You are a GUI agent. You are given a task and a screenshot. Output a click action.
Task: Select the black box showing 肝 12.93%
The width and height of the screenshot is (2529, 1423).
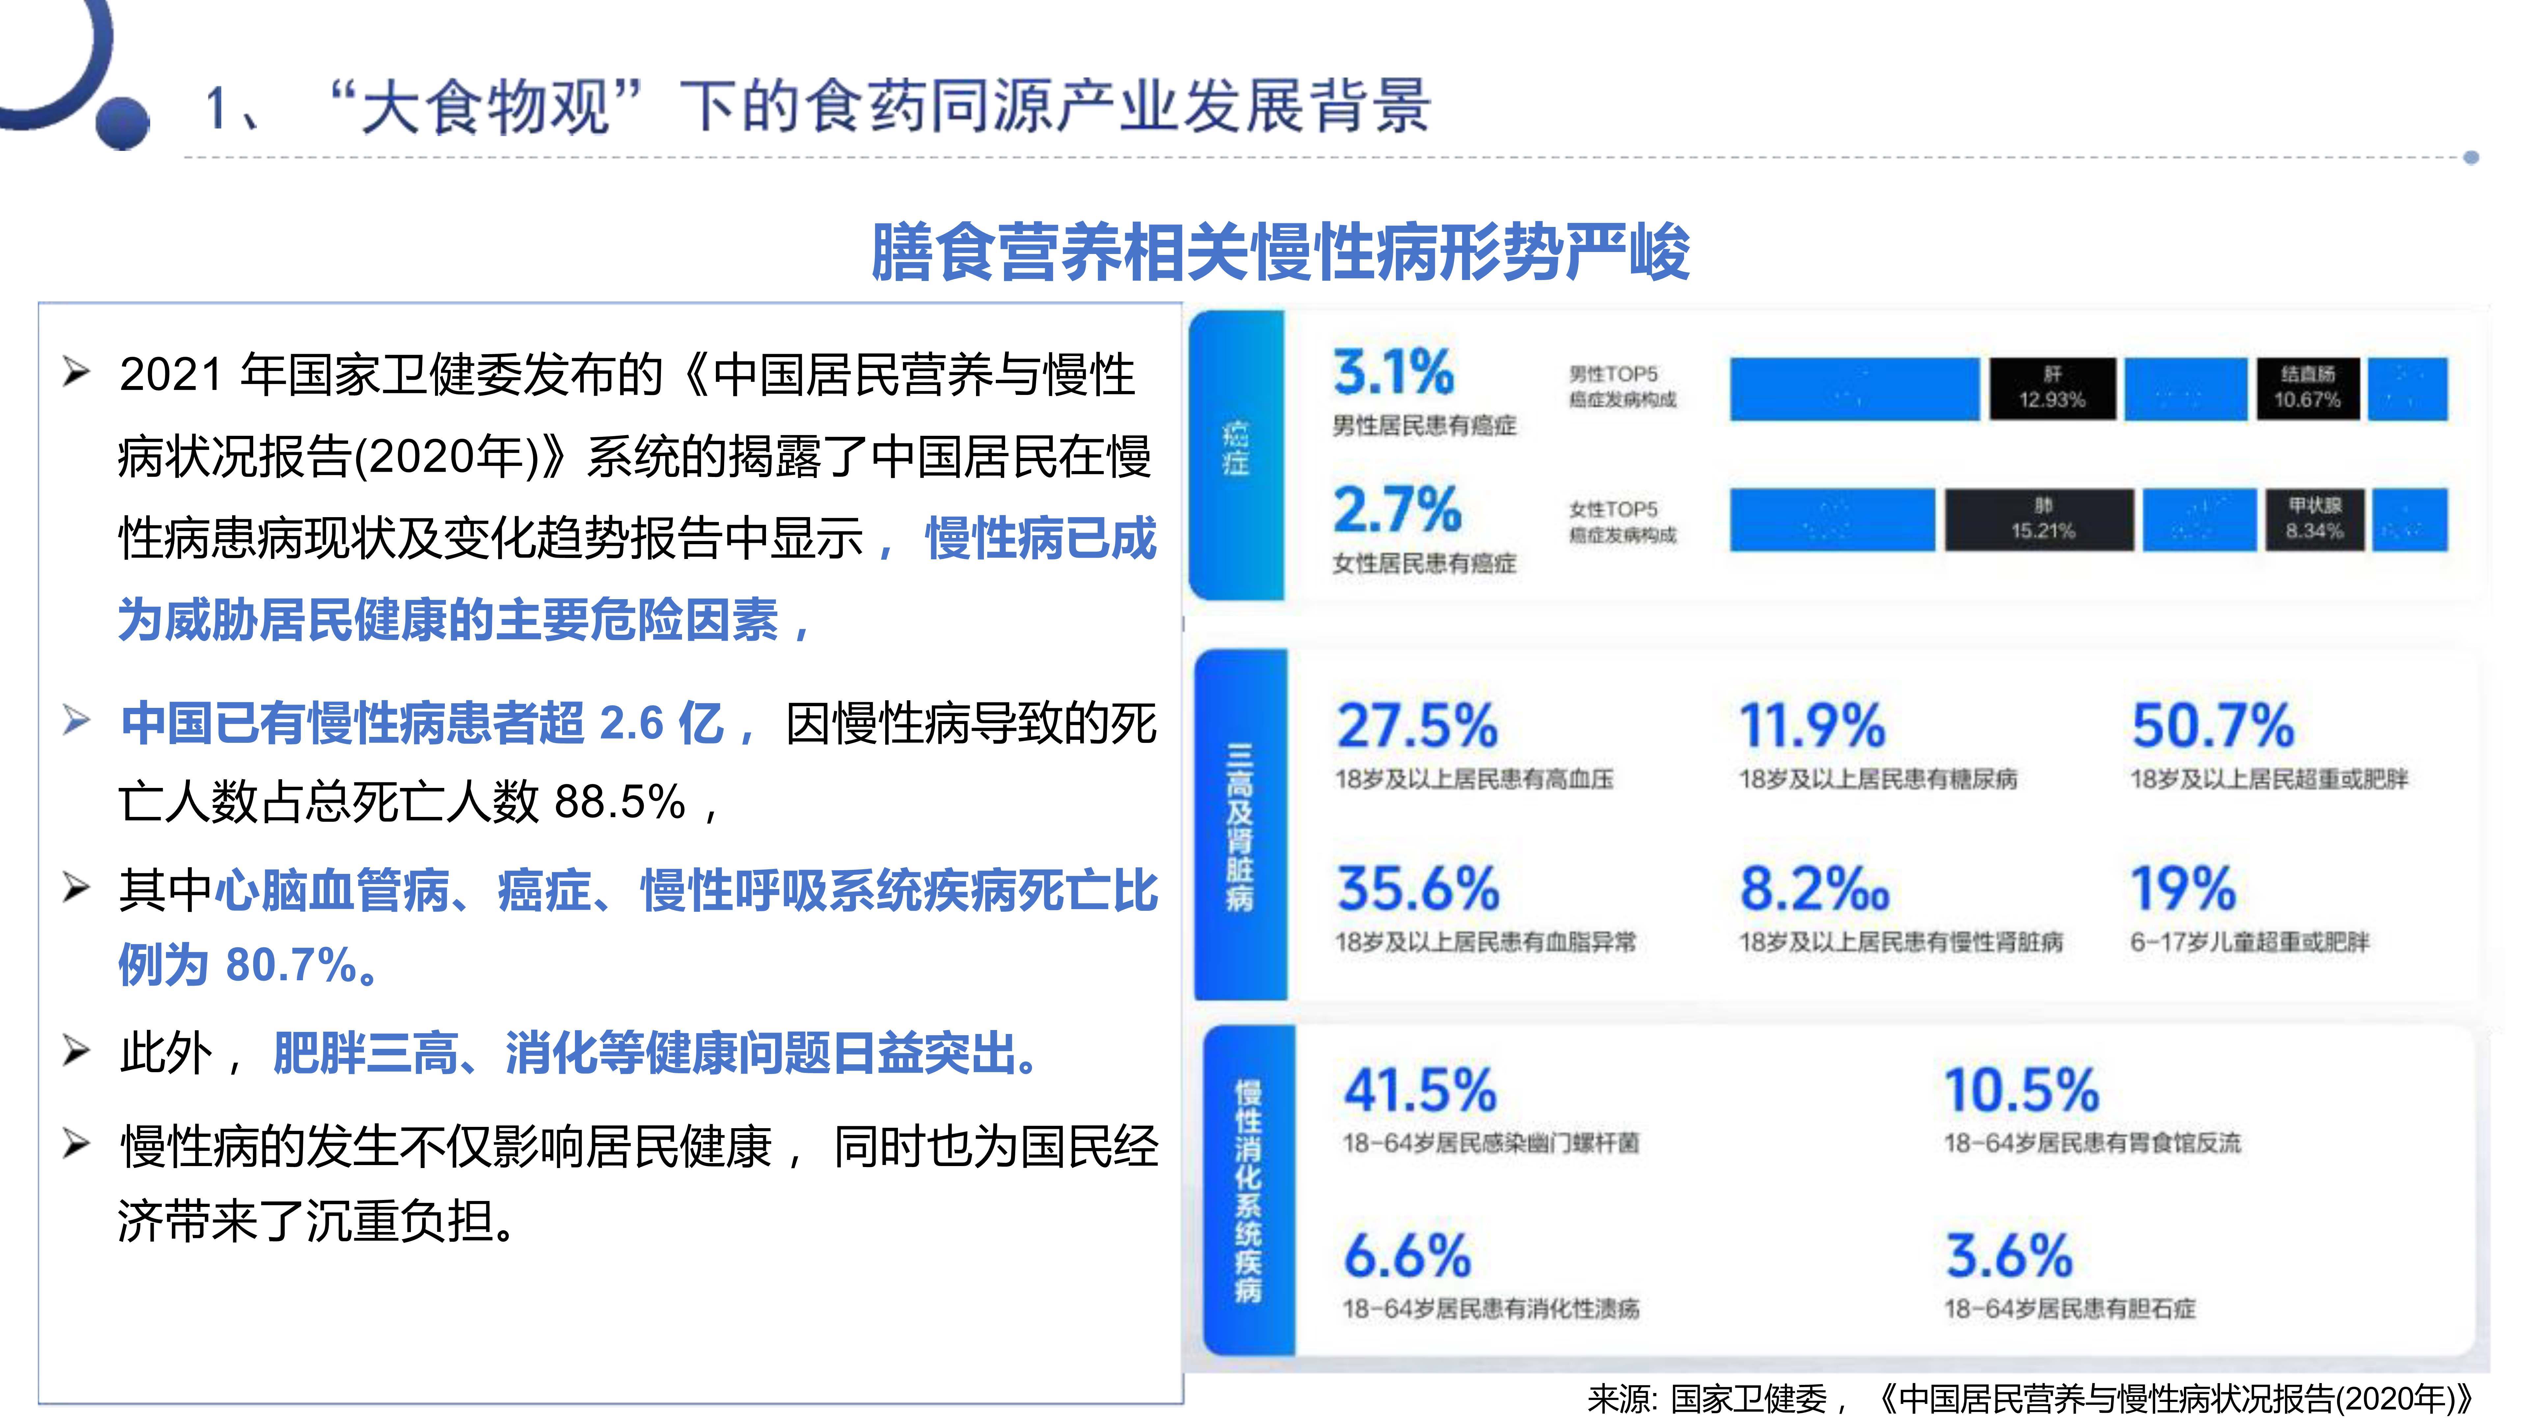point(2052,388)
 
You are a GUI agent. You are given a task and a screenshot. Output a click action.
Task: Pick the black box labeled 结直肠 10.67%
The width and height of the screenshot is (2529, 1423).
point(2307,388)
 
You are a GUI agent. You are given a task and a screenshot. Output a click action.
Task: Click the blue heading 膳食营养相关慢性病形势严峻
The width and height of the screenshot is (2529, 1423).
point(1280,252)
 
